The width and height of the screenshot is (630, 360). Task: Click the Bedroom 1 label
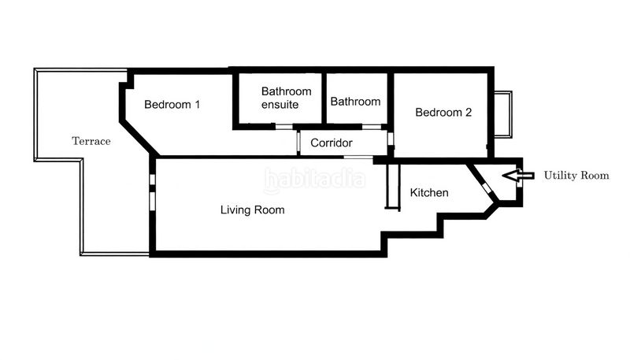coord(172,104)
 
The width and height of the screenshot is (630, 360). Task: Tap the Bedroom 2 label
coord(443,113)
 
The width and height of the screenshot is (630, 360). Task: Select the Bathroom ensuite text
coord(286,98)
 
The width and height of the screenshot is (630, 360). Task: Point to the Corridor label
coord(331,143)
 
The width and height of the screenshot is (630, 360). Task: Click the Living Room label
coord(252,210)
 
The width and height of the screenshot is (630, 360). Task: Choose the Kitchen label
coord(429,192)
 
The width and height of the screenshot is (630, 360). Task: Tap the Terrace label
coord(91,142)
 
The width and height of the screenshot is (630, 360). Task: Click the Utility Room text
coord(576,176)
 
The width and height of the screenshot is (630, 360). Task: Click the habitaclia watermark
coord(315,180)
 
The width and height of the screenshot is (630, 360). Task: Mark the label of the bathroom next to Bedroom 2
coord(355,102)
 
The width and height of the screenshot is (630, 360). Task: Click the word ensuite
coord(280,105)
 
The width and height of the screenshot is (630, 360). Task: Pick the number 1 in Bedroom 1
coord(197,104)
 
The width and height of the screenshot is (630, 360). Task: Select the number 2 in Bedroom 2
coord(468,113)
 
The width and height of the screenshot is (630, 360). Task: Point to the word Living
coord(235,210)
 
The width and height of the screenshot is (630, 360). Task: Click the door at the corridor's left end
coord(298,143)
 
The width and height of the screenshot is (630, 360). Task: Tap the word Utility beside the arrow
coord(561,176)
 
